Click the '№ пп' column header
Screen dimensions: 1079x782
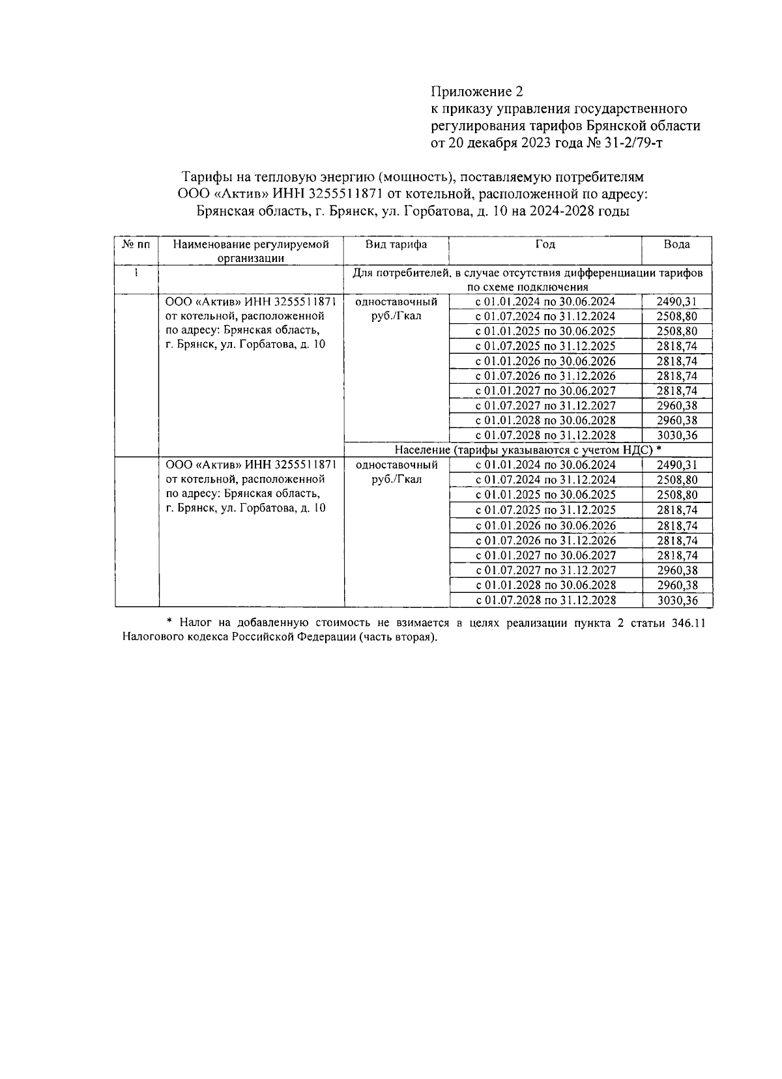coord(136,244)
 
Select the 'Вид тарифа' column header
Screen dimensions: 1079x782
coord(396,244)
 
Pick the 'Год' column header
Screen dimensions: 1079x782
coord(545,244)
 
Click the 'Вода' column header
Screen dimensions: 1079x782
coord(676,244)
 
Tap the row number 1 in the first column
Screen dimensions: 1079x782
coord(136,273)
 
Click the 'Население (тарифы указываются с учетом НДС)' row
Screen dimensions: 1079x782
coord(527,450)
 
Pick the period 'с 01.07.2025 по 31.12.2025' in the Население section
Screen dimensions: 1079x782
coord(545,510)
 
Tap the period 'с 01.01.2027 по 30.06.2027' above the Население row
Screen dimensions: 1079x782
coord(545,391)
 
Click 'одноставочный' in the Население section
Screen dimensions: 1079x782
coord(396,465)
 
